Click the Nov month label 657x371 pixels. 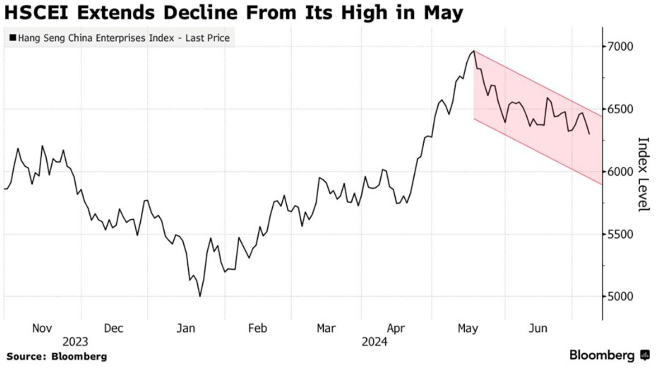coord(42,328)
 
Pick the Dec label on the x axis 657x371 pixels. coord(114,328)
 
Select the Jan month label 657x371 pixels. coord(185,328)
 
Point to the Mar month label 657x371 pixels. coord(326,328)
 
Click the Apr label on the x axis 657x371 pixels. coord(397,328)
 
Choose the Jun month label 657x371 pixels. coord(538,328)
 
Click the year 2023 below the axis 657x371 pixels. coord(75,341)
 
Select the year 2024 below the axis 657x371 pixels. coord(374,341)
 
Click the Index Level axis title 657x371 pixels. coord(642,174)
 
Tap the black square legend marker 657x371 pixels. coord(12,38)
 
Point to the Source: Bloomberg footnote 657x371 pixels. coord(57,356)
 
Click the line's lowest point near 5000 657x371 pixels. coord(200,297)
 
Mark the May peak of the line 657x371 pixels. coord(474,51)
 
